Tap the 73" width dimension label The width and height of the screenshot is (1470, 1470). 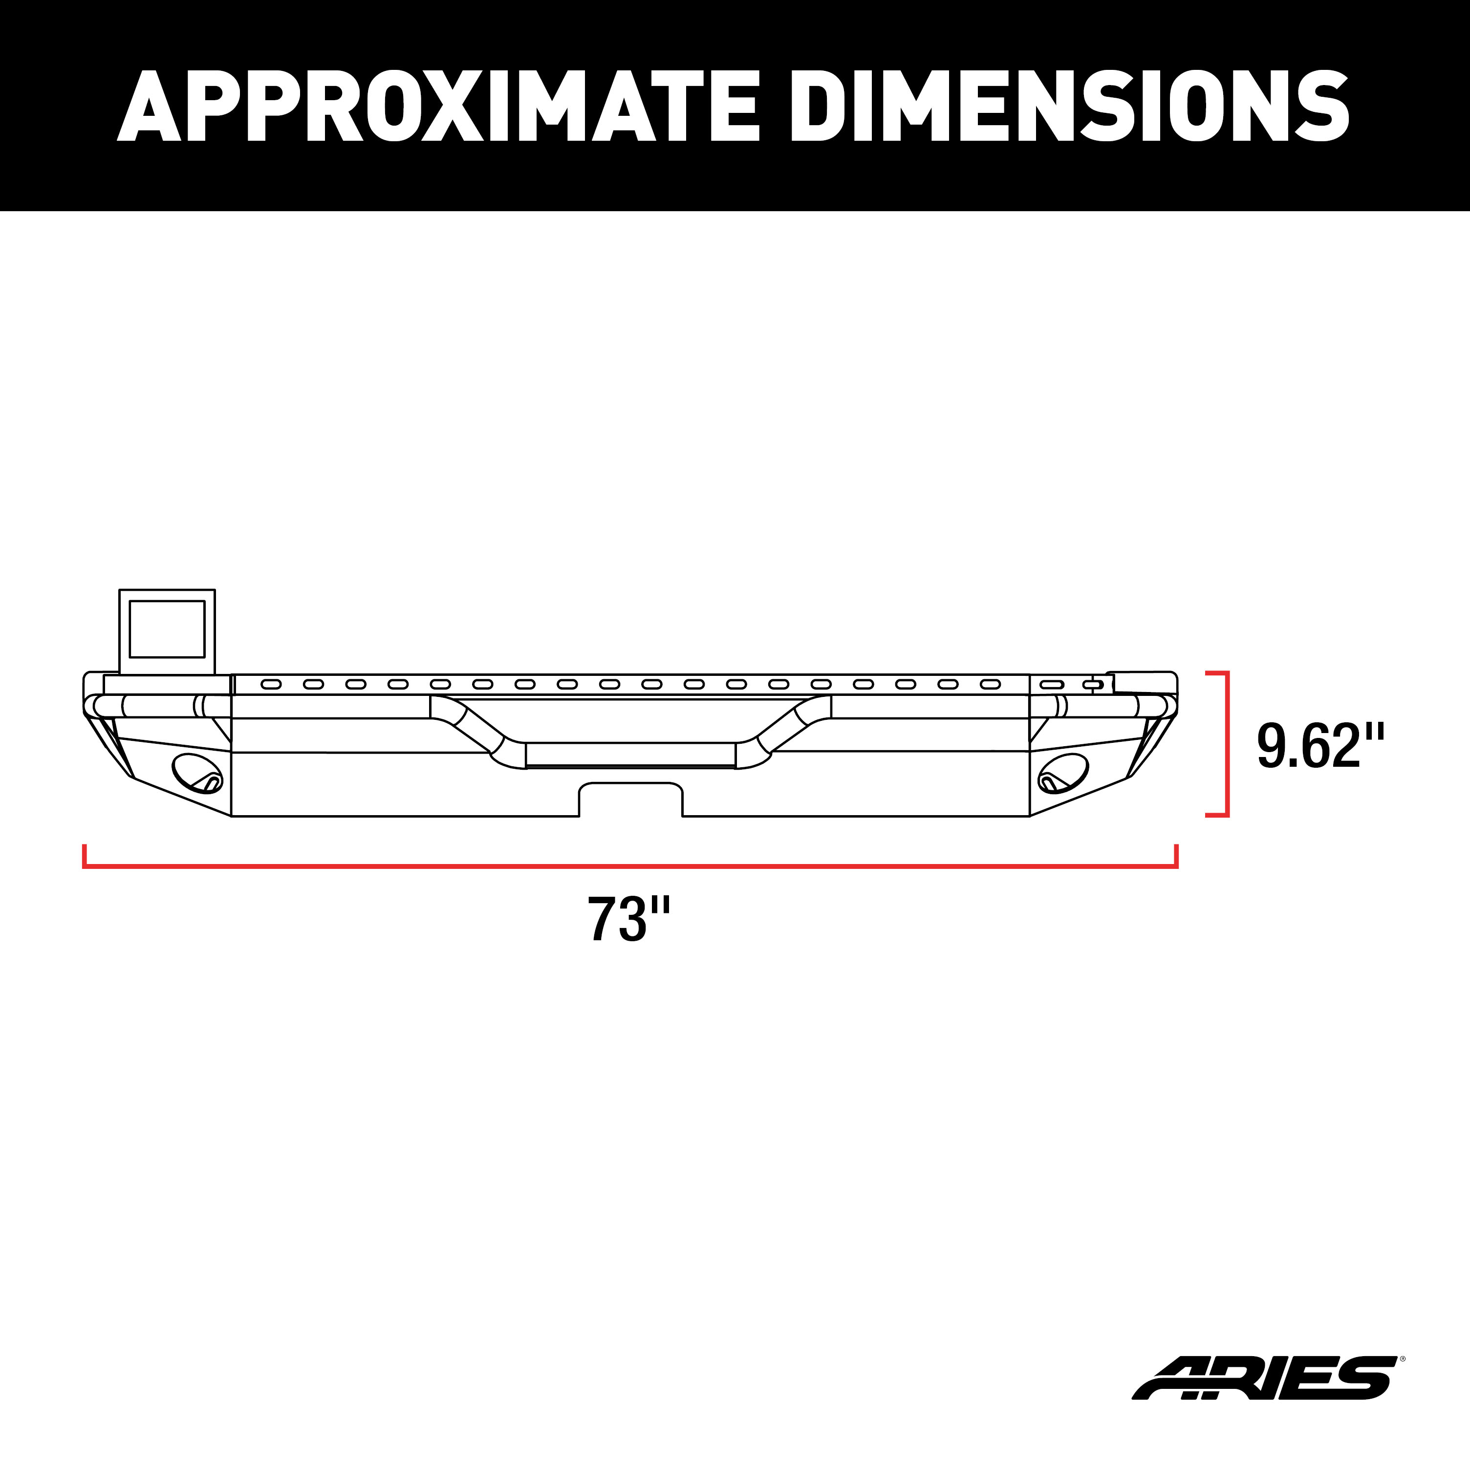tap(628, 920)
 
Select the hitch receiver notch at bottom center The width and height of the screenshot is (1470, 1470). tap(630, 799)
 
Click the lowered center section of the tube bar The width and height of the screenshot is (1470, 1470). tap(630, 755)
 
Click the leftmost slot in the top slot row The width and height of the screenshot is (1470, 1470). tap(271, 685)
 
